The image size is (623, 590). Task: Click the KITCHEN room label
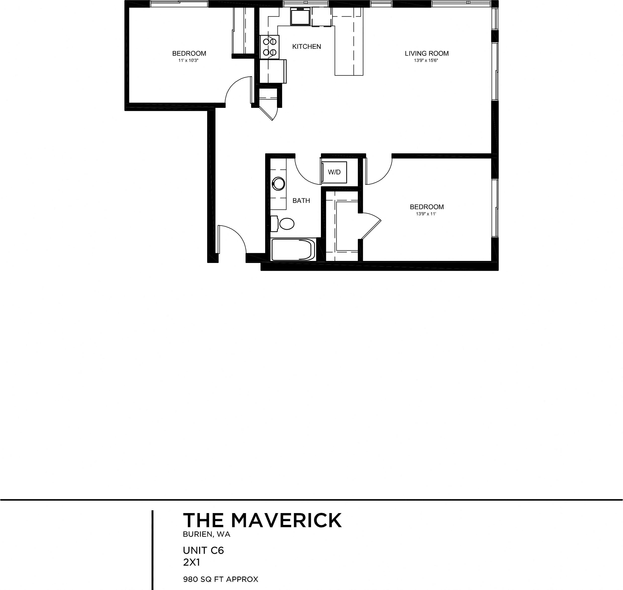(306, 47)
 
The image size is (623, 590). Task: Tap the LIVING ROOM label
(426, 54)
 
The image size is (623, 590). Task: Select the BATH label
(301, 201)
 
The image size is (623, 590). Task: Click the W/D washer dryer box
(334, 172)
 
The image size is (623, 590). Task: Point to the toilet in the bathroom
(286, 224)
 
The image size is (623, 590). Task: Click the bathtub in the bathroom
(293, 250)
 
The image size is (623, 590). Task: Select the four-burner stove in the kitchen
(269, 47)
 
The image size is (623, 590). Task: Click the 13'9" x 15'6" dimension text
(426, 60)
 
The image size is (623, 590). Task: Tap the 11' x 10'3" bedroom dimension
(189, 60)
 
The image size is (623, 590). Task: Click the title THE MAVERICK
(262, 521)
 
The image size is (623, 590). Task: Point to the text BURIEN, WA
(206, 534)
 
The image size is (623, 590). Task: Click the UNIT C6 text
(203, 550)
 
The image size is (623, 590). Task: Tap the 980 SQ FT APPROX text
(220, 579)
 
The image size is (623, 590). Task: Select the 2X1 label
(191, 562)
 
